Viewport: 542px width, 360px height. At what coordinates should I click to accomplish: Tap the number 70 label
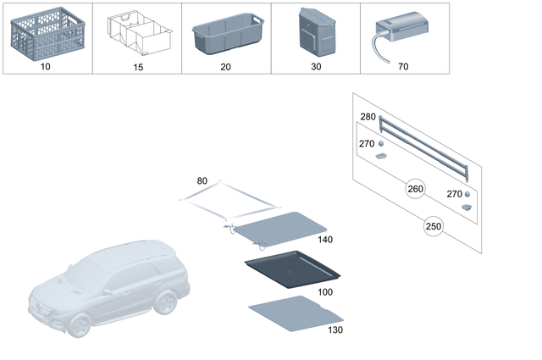403,64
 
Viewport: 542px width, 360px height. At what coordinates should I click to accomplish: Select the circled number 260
415,188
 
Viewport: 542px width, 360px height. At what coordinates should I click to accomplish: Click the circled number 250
434,227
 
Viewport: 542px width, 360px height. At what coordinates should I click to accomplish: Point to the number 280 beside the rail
368,116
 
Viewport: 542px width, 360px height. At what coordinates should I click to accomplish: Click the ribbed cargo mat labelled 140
279,229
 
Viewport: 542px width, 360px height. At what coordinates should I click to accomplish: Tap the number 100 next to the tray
325,291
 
